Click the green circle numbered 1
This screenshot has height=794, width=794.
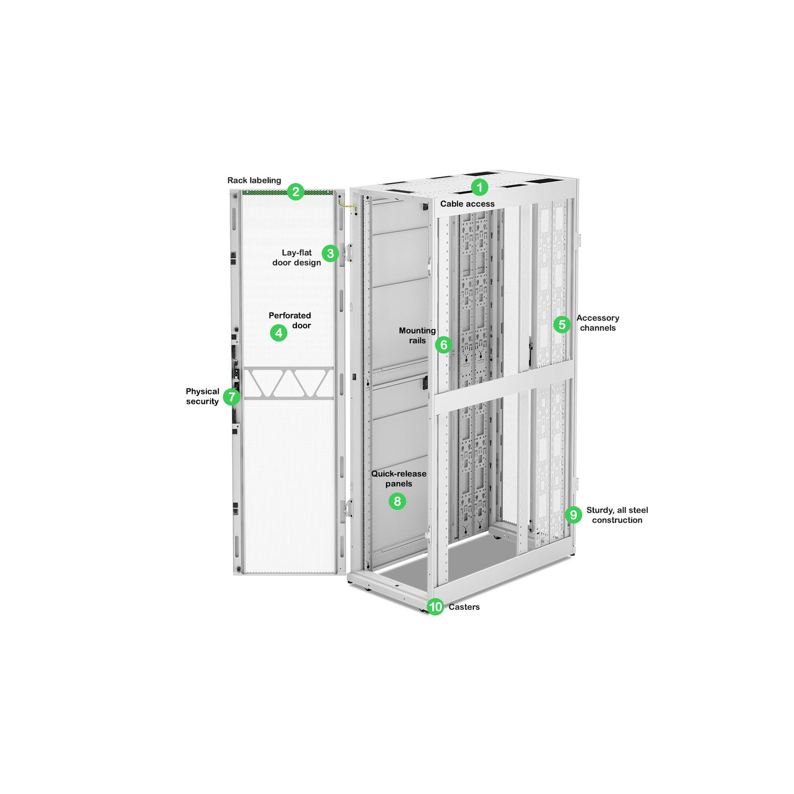pyautogui.click(x=480, y=187)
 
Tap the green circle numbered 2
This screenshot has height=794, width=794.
pyautogui.click(x=295, y=192)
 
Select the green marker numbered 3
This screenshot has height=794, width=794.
pyautogui.click(x=330, y=254)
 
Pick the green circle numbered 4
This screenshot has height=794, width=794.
pyautogui.click(x=278, y=333)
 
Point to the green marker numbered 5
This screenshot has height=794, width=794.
pyautogui.click(x=562, y=324)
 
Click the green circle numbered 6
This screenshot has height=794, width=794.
pyautogui.click(x=444, y=345)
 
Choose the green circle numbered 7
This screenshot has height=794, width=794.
pyautogui.click(x=231, y=396)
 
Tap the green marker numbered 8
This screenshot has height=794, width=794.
pyautogui.click(x=397, y=501)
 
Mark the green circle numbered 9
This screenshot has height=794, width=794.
pyautogui.click(x=573, y=515)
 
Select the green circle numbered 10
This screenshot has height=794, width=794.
pyautogui.click(x=435, y=607)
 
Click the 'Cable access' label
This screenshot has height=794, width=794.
pyautogui.click(x=467, y=204)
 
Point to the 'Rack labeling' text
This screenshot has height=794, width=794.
pyautogui.click(x=254, y=181)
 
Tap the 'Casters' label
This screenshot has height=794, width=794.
pyautogui.click(x=464, y=607)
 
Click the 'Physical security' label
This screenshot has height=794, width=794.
pyautogui.click(x=202, y=396)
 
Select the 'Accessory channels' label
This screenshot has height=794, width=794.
pyautogui.click(x=598, y=323)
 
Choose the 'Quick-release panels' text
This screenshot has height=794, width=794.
pyautogui.click(x=399, y=479)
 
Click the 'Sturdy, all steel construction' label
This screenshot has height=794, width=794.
pyautogui.click(x=617, y=515)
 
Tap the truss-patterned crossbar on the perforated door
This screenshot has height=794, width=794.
pyautogui.click(x=288, y=383)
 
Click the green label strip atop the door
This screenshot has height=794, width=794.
pyautogui.click(x=265, y=193)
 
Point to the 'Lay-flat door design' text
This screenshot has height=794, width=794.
pyautogui.click(x=296, y=258)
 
